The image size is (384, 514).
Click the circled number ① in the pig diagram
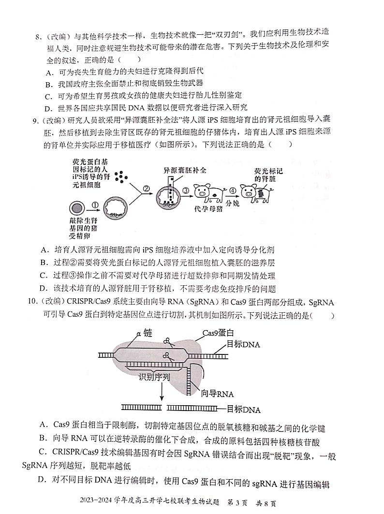pyautogui.click(x=95, y=205)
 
